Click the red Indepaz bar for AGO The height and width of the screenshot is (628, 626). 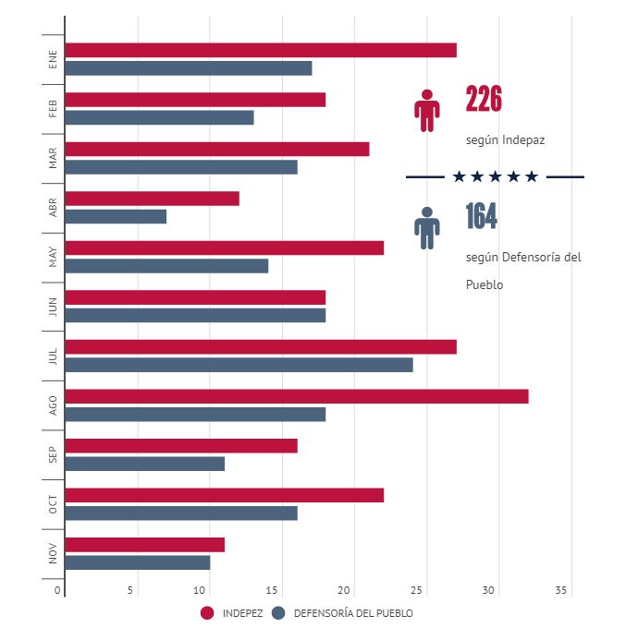(x=296, y=396)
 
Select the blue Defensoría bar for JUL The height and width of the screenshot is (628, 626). (x=239, y=365)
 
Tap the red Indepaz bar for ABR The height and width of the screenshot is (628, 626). (x=153, y=199)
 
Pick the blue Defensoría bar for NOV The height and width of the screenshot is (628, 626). (x=138, y=562)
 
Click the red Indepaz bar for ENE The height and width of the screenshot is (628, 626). (x=261, y=50)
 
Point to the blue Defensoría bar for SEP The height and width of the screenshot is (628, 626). (x=145, y=464)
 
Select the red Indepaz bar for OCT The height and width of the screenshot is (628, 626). (x=224, y=496)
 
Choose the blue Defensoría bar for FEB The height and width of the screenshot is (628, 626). (x=159, y=117)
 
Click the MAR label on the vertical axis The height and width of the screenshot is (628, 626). (x=53, y=158)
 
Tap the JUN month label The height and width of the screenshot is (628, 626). (x=53, y=306)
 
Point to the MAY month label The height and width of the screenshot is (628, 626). (x=53, y=257)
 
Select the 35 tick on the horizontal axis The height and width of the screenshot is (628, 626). (x=561, y=591)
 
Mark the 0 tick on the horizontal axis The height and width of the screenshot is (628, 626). (x=58, y=591)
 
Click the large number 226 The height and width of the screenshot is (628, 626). (x=484, y=99)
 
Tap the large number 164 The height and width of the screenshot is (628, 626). (x=482, y=216)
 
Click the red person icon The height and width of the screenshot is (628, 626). (x=426, y=110)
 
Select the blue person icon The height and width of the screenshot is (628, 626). (x=426, y=227)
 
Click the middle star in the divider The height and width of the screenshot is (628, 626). (x=495, y=176)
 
